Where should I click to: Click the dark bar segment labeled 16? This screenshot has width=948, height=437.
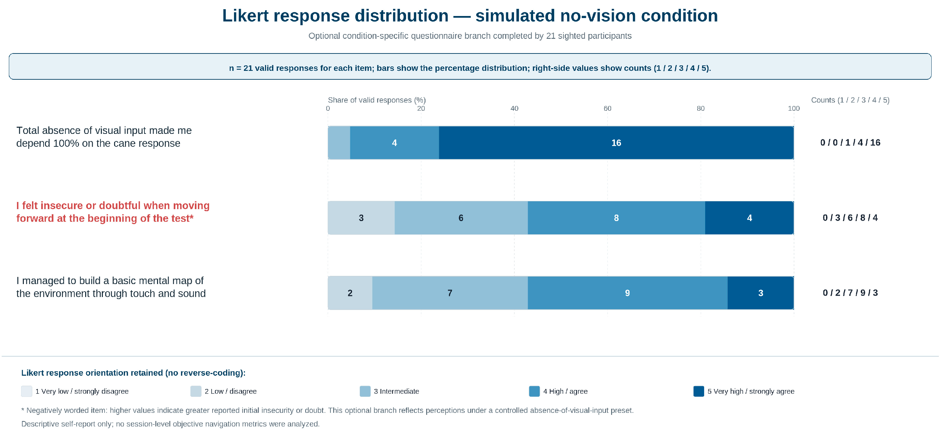pos(616,143)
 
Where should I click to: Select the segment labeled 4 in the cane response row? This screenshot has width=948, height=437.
pos(394,143)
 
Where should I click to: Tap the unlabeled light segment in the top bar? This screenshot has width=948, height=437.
pos(339,143)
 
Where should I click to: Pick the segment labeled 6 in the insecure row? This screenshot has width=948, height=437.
pos(461,218)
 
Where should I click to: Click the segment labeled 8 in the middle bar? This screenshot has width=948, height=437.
pos(617,218)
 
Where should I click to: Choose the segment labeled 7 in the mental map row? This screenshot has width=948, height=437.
pos(450,293)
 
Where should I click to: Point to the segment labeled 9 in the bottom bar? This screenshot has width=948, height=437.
pos(627,293)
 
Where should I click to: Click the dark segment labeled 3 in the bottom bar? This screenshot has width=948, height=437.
pos(761,293)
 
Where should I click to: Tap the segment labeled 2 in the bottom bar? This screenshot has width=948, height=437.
pos(350,293)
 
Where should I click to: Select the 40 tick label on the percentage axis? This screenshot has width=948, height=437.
pos(514,109)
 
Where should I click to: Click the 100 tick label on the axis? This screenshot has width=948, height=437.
pos(794,109)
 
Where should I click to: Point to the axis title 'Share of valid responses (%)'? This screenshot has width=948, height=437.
pos(377,100)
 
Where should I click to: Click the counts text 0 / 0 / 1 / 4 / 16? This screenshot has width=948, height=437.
pos(850,143)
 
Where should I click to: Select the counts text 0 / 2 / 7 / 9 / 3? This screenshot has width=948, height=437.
pos(850,293)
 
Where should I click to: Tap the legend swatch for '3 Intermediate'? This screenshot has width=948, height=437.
pos(365,391)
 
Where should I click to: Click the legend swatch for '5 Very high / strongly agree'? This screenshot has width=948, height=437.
pos(699,391)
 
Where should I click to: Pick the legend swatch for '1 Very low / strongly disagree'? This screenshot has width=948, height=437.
pos(27,391)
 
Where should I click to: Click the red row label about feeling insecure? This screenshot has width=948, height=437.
pos(113,212)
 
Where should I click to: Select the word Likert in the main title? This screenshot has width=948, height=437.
pos(246,16)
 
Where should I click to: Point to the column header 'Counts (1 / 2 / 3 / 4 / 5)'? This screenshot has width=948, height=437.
pos(850,100)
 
